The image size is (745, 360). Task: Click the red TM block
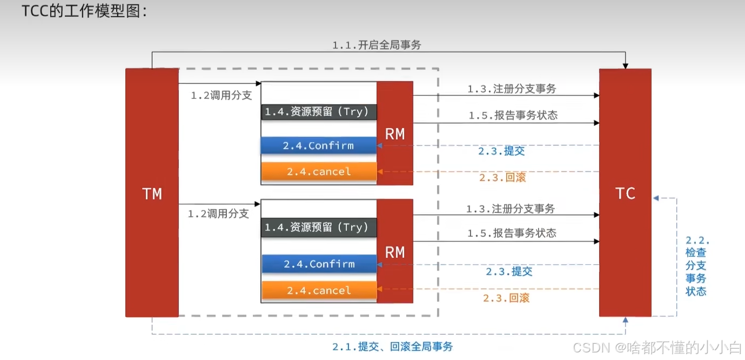pos(152,192)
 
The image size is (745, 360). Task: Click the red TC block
pos(625,192)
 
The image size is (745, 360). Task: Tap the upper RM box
pos(395,134)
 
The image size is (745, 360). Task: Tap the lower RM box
pos(395,251)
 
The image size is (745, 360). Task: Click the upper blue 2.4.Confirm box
pos(319,145)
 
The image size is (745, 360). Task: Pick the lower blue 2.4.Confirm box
pos(319,264)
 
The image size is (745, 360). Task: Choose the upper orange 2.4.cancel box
pos(319,171)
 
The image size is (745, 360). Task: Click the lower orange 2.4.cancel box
pos(319,290)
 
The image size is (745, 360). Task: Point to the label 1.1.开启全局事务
pos(377,45)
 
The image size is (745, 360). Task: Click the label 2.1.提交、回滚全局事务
pos(392,347)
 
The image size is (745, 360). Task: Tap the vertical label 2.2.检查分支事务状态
pos(696,266)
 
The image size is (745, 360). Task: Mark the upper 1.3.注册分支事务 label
pos(512,89)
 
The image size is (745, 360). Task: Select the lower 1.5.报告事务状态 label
pos(512,233)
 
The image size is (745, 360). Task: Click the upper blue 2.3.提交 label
pos(501,151)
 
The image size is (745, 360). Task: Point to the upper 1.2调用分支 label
pos(222,96)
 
